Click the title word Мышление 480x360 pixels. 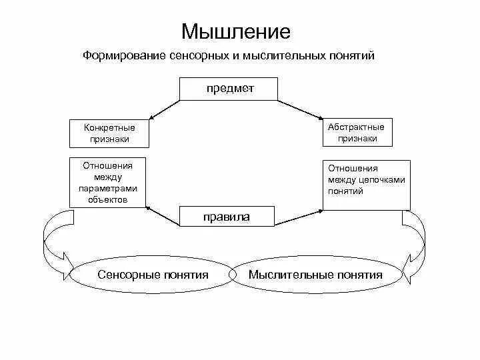(236, 32)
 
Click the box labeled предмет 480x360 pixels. (229, 89)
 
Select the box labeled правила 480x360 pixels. (226, 217)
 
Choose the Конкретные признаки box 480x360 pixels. (109, 133)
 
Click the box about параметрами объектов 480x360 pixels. (107, 182)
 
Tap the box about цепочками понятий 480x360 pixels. (366, 185)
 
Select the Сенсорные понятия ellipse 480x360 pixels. (153, 275)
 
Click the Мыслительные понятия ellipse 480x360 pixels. (315, 275)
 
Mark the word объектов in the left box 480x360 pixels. (107, 199)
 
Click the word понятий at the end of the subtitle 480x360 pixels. (355, 55)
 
